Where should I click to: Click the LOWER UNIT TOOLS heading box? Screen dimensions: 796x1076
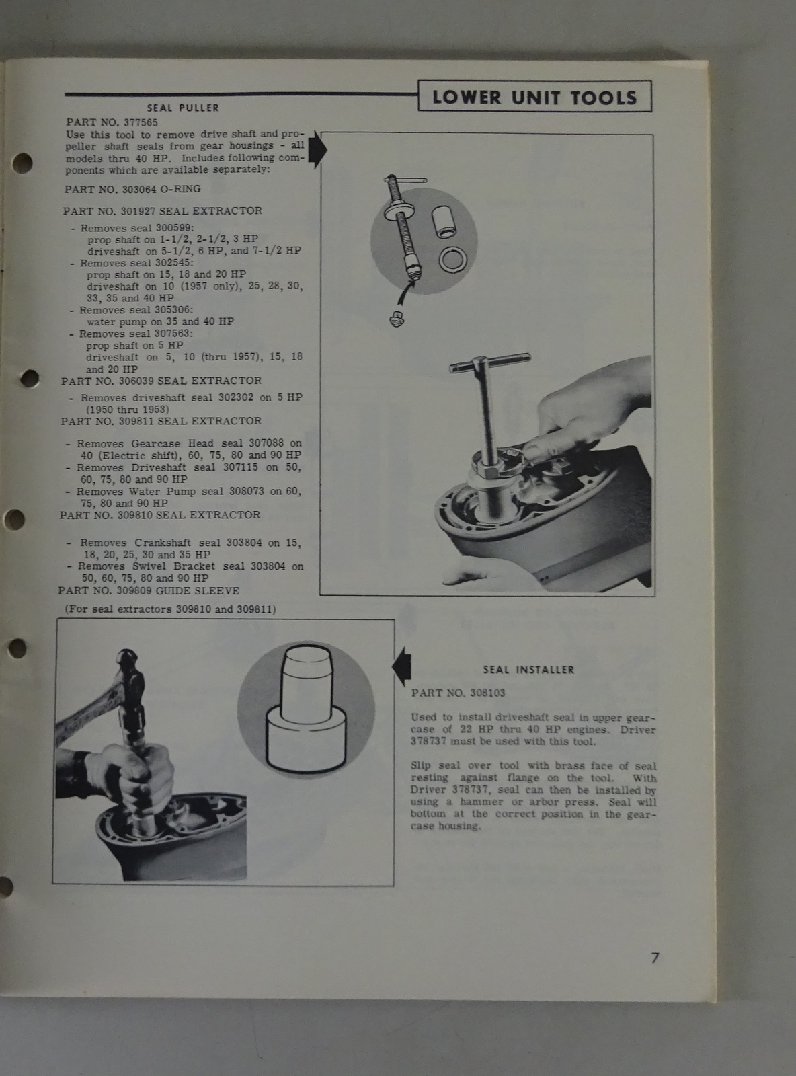click(534, 97)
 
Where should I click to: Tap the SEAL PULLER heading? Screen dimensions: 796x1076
click(183, 108)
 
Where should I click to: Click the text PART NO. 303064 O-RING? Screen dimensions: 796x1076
click(132, 189)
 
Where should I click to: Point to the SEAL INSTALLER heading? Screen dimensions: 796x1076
click(528, 670)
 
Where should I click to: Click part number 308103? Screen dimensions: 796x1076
click(487, 693)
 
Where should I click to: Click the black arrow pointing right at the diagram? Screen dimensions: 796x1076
click(318, 149)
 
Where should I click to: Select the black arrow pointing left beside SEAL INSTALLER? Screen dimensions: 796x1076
click(401, 667)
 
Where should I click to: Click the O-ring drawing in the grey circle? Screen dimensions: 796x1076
click(453, 259)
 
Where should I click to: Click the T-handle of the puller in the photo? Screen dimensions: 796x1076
click(489, 363)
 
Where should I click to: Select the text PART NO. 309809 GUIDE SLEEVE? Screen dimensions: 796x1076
click(149, 591)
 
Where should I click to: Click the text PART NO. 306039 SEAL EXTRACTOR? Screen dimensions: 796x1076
click(161, 381)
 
